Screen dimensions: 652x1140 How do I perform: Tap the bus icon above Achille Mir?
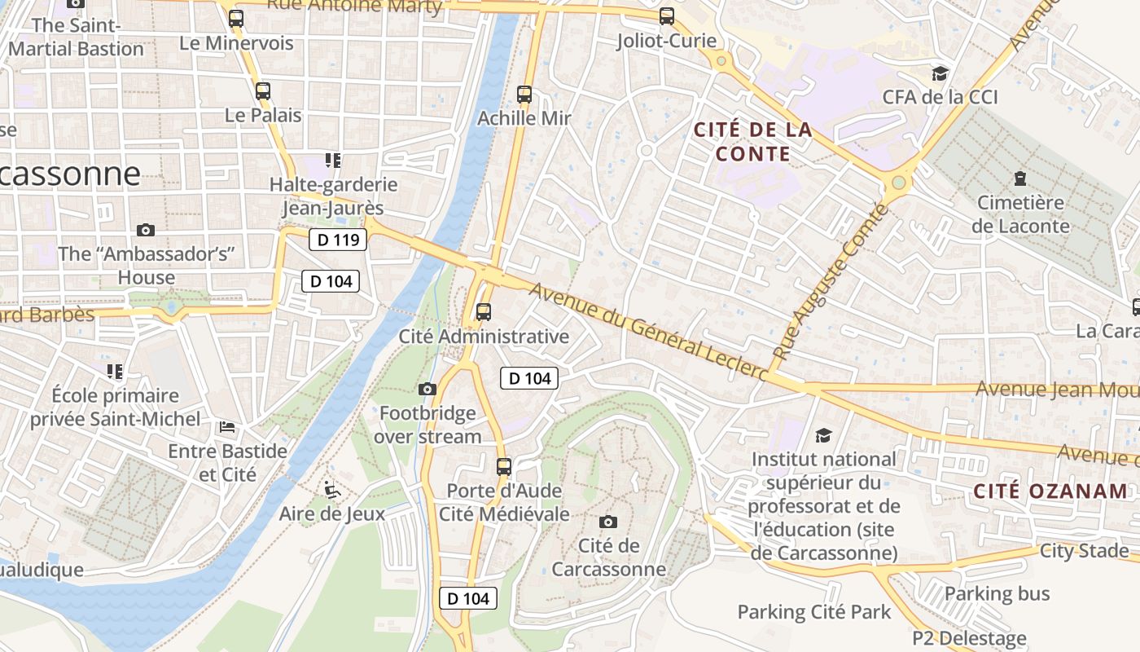(x=524, y=95)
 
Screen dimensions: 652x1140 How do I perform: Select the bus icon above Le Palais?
(x=262, y=91)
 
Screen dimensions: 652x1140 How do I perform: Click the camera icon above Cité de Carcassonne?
(x=607, y=522)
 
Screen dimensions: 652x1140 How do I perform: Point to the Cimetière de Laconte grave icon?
(x=1020, y=178)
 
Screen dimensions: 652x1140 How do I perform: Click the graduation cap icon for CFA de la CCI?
(x=940, y=73)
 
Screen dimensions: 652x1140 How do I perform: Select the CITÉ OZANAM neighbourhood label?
(x=1051, y=491)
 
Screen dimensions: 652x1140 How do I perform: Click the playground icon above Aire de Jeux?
(x=331, y=490)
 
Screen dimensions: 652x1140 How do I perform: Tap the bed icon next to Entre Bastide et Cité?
(x=227, y=427)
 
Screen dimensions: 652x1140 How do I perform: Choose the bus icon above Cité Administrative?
(x=484, y=311)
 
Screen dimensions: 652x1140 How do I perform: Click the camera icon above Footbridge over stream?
(x=427, y=390)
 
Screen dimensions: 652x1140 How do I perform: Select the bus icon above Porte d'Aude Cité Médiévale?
(x=504, y=467)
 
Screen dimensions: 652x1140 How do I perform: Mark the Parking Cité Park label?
(x=814, y=612)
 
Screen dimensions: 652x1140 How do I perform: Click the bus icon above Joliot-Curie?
(x=667, y=16)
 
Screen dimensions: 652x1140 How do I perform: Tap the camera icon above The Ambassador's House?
(x=146, y=230)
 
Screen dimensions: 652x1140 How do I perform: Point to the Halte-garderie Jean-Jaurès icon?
(x=332, y=160)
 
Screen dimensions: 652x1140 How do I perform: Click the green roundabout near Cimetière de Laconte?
(x=899, y=183)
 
